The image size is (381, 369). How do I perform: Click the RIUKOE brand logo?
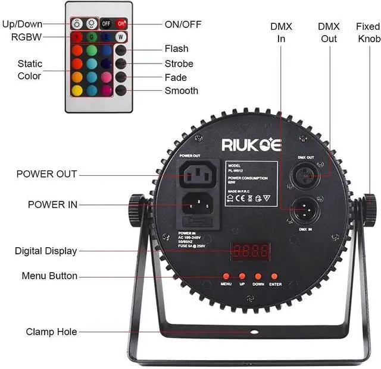click(x=252, y=144)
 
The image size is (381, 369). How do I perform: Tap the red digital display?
click(x=251, y=251)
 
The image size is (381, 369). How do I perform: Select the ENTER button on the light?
click(x=274, y=276)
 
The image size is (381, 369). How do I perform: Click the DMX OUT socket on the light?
click(x=305, y=175)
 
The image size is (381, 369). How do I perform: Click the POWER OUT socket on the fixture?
click(x=199, y=174)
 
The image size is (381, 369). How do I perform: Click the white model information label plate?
click(x=251, y=183)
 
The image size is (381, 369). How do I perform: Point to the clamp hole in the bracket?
click(x=254, y=331)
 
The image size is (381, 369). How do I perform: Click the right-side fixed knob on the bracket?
click(x=369, y=206)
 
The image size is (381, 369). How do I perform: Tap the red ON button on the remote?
click(x=121, y=24)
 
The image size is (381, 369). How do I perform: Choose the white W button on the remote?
click(x=121, y=37)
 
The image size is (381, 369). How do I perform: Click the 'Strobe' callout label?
click(x=179, y=64)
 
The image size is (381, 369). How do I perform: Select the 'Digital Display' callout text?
click(x=46, y=251)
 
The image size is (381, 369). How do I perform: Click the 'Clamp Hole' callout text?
click(x=51, y=332)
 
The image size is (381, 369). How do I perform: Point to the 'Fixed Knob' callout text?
click(x=368, y=33)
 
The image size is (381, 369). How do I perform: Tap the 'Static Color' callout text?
click(x=29, y=70)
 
